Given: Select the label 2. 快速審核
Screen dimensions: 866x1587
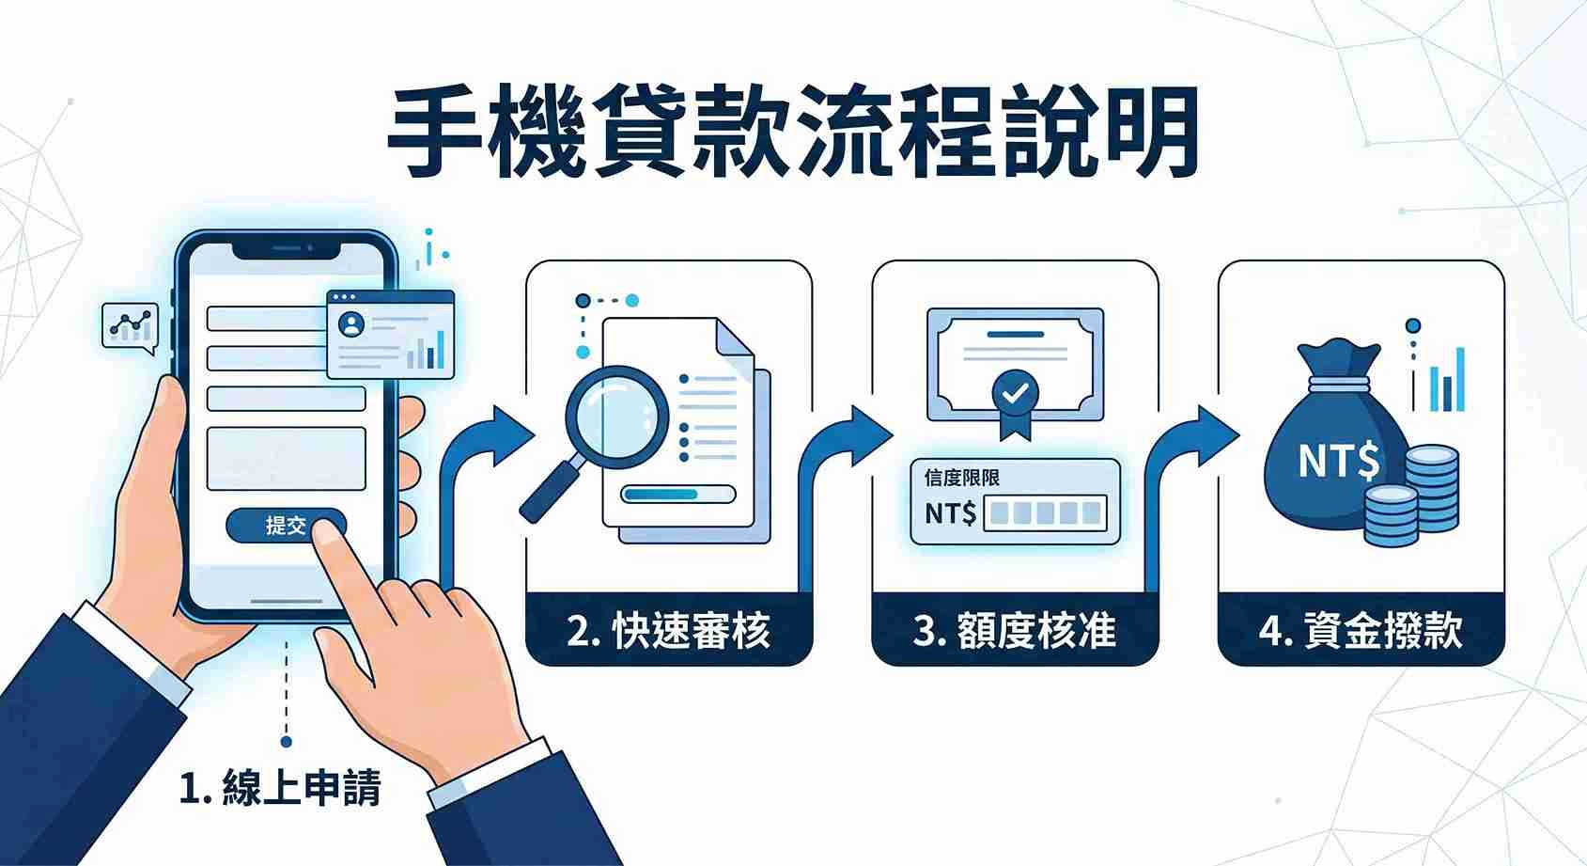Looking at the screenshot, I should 668,631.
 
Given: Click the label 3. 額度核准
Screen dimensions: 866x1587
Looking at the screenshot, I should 1015,631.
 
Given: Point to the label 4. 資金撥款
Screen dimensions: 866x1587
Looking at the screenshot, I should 1361,631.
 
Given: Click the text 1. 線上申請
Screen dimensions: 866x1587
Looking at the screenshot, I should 280,787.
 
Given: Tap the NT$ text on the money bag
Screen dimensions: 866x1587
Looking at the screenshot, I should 1338,462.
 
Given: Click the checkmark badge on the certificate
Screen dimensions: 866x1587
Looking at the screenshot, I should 1015,393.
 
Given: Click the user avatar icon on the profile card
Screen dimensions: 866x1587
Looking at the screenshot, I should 352,324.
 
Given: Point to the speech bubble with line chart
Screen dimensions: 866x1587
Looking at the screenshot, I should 130,326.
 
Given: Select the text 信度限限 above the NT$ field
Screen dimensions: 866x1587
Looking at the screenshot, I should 961,478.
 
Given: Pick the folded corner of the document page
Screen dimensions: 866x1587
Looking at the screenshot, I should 735,339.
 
